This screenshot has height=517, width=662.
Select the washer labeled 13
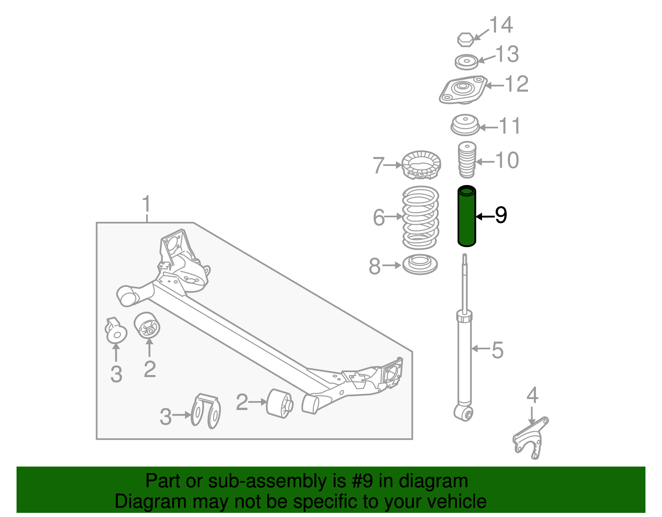(x=466, y=62)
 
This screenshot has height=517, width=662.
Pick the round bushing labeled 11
(x=465, y=125)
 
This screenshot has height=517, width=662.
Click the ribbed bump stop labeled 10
(x=467, y=161)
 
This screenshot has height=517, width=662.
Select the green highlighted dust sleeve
(x=467, y=216)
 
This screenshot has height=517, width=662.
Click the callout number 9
(x=501, y=215)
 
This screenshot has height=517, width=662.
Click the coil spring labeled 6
(x=420, y=218)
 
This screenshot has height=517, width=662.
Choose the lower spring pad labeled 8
(x=420, y=265)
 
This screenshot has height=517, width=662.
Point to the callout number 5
(x=497, y=350)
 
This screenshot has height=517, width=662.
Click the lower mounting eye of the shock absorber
(x=464, y=412)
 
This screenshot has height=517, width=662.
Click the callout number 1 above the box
(x=146, y=205)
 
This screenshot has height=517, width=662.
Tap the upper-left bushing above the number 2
(x=148, y=325)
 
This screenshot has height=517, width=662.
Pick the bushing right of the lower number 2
(x=280, y=403)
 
